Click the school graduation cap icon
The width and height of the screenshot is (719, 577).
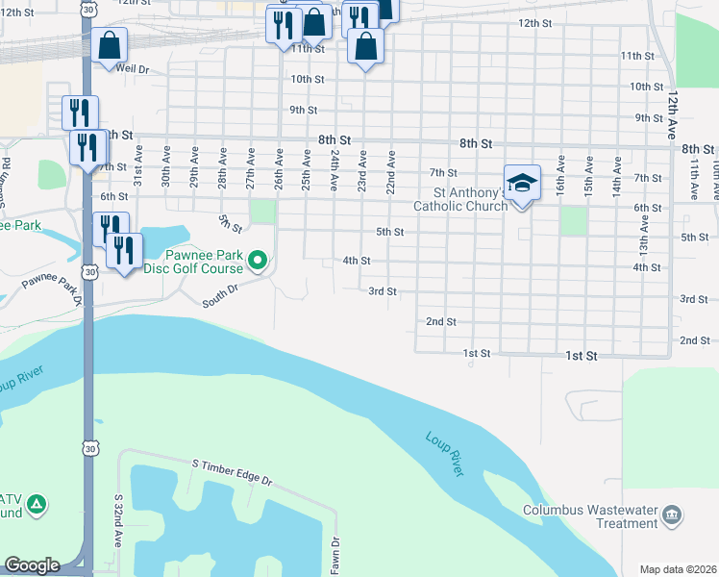point(522,183)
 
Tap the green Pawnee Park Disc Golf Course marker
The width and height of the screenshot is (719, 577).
point(257,260)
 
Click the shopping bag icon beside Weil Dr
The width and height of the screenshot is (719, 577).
point(111,44)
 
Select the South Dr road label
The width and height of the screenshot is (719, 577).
point(219,302)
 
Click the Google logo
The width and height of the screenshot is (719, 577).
point(32,565)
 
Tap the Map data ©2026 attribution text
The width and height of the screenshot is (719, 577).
point(678,569)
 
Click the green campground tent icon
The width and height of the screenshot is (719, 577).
point(36,503)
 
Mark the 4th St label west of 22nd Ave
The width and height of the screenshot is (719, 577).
point(357,261)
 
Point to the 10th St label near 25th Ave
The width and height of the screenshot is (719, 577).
point(307,79)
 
